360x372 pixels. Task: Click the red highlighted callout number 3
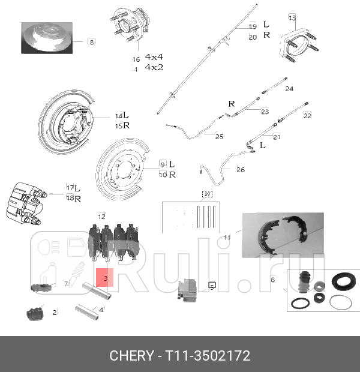[106, 278]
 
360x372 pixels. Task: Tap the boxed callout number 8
[91, 41]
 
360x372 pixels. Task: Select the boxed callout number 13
[292, 17]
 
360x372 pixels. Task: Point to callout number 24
[289, 89]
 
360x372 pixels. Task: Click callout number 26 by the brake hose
[241, 169]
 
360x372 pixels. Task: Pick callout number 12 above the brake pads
[102, 216]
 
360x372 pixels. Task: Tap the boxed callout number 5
[212, 287]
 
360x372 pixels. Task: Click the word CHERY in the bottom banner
[131, 356]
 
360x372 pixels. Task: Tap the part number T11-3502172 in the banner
[208, 356]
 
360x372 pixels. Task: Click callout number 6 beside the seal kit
[272, 280]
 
